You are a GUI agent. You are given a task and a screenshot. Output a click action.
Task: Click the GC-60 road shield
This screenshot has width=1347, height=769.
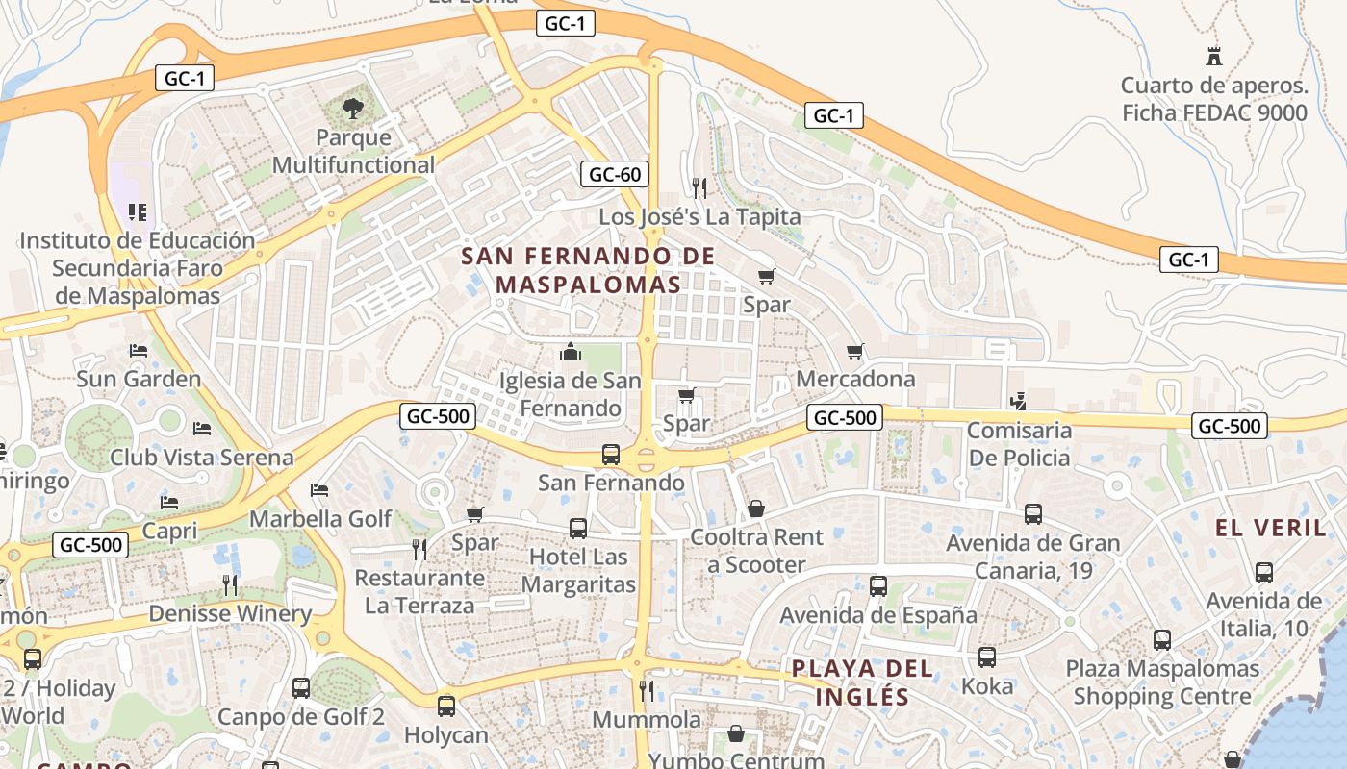[x=615, y=174]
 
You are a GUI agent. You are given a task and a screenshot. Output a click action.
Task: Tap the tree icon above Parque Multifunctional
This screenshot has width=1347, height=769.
[x=353, y=108]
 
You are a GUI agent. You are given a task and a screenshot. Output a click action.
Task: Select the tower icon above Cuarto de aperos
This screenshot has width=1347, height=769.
[x=1214, y=56]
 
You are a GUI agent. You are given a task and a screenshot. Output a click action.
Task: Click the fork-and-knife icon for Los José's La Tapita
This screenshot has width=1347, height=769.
[x=699, y=186]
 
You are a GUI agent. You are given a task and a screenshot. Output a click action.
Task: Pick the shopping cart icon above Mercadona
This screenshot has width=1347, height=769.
[x=855, y=351]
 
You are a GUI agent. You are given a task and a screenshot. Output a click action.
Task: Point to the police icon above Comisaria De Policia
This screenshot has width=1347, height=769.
[x=1019, y=401]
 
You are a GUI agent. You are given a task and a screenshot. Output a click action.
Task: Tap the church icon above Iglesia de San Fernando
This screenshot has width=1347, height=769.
[x=571, y=352]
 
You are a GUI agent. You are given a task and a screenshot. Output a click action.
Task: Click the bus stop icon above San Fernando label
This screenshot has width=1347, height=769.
[x=610, y=454]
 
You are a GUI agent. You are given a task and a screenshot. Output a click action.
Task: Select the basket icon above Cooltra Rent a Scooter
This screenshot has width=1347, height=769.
[x=756, y=509]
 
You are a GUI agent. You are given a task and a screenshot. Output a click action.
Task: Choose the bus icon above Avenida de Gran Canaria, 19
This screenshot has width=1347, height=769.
[x=1033, y=514]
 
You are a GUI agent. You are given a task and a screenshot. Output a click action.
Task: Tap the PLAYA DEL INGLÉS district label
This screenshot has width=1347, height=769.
[x=862, y=682]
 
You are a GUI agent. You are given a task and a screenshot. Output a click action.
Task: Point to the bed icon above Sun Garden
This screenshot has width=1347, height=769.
[x=139, y=351]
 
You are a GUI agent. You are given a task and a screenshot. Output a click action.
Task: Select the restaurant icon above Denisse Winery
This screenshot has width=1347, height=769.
[x=229, y=584]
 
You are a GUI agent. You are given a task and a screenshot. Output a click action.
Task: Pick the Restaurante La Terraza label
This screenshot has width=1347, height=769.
[x=419, y=592]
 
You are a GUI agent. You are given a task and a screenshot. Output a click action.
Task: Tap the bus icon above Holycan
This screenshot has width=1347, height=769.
[x=446, y=707]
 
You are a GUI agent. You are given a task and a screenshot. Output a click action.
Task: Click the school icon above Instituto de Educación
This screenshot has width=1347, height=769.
[x=137, y=211]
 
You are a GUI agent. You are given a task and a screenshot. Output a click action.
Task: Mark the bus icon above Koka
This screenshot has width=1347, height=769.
[x=987, y=657]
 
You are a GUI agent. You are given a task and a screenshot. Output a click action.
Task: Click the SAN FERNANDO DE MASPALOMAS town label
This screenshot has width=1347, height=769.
[x=588, y=270]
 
